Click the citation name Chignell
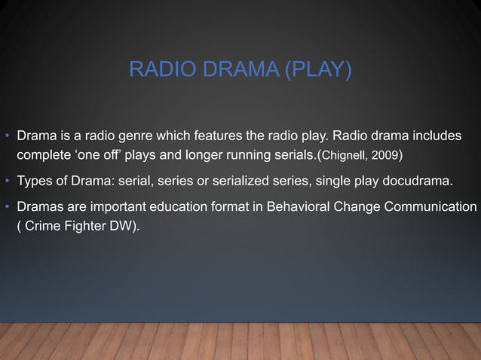tap(344, 157)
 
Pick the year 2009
tap(384, 157)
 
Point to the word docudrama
tap(420, 182)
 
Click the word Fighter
tap(86, 227)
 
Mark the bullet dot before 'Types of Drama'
tap(7, 182)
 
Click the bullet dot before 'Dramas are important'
tap(7, 206)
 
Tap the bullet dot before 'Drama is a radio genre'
tap(7, 137)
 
